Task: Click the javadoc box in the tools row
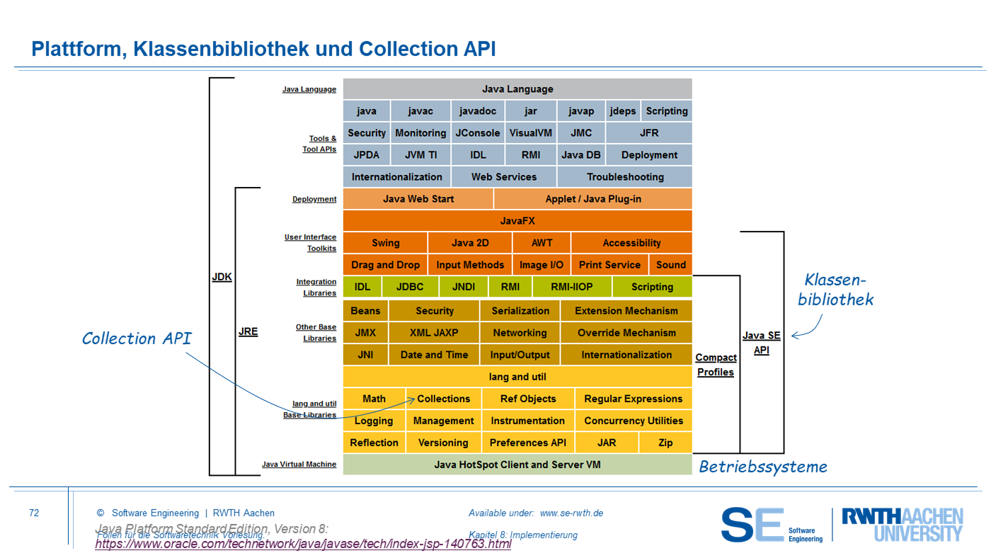point(478,111)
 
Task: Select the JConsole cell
point(477,133)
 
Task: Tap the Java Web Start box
point(418,199)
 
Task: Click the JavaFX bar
point(517,221)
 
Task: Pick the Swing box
point(386,243)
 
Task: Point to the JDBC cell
point(411,287)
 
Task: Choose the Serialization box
point(520,311)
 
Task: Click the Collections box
point(444,399)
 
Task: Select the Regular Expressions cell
point(634,399)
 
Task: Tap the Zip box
point(665,443)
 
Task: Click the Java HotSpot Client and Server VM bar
point(517,465)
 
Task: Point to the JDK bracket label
point(222,277)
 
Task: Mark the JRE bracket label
point(248,331)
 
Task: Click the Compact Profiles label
point(716,365)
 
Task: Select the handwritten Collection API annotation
point(137,338)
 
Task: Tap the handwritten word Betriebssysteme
point(763,467)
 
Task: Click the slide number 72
point(34,513)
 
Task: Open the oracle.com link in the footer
point(303,545)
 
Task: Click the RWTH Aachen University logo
point(903,525)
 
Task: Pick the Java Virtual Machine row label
point(299,465)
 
